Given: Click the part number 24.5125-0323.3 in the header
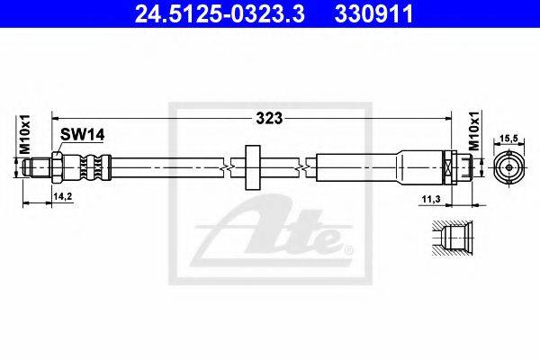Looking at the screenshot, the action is click(220, 13).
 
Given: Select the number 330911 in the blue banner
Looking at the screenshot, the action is click(373, 13).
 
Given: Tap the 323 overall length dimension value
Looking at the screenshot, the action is click(269, 118).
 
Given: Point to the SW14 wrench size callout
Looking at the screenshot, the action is click(82, 134).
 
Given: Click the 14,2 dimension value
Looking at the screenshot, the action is click(63, 196).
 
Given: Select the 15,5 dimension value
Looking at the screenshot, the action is click(509, 138).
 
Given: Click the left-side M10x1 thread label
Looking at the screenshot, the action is click(25, 134).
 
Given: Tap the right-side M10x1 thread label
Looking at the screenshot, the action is click(475, 130).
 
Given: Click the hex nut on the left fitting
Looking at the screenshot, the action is click(57, 167).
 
